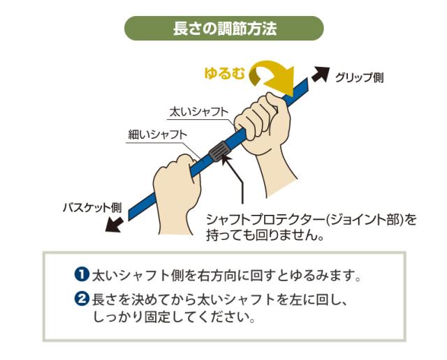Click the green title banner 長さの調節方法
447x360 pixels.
coord(223,29)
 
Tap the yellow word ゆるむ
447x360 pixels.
coord(224,72)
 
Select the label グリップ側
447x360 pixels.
coord(358,77)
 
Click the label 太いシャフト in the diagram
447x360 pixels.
coord(200,112)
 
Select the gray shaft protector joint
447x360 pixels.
coord(219,151)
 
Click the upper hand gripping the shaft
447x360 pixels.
coord(272,133)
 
